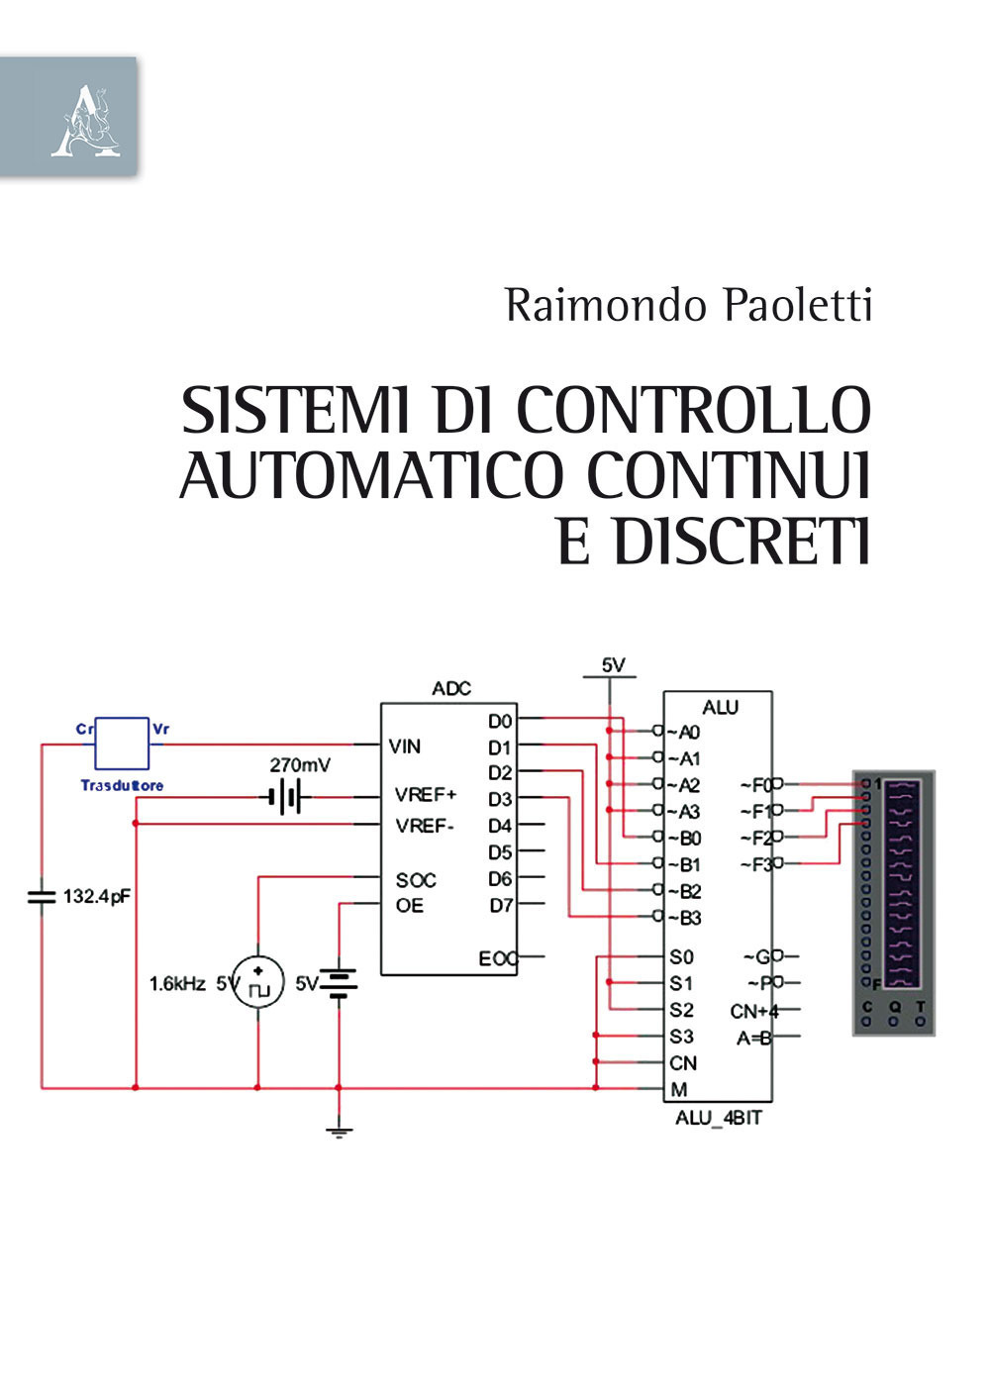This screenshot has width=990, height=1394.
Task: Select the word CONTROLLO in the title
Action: tap(693, 410)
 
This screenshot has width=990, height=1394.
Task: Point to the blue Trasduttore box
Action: tap(122, 744)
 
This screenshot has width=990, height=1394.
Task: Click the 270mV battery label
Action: tap(300, 765)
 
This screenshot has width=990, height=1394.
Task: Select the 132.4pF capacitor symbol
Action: tap(41, 897)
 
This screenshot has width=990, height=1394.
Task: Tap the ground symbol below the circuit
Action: tap(339, 1132)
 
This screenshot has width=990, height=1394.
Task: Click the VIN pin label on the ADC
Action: tap(405, 747)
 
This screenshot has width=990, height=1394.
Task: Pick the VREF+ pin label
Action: tap(426, 795)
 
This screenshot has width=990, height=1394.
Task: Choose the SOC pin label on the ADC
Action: tap(416, 880)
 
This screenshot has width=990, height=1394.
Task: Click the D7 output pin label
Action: tap(501, 905)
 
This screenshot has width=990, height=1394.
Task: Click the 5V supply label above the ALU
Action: tap(614, 665)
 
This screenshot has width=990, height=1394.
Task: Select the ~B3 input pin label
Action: tap(684, 918)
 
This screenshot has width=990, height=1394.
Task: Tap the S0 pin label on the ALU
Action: tap(681, 957)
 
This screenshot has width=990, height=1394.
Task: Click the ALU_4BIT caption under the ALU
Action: tap(718, 1118)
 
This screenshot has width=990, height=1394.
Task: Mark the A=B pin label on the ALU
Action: tap(754, 1038)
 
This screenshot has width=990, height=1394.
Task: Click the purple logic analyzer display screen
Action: tap(901, 884)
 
